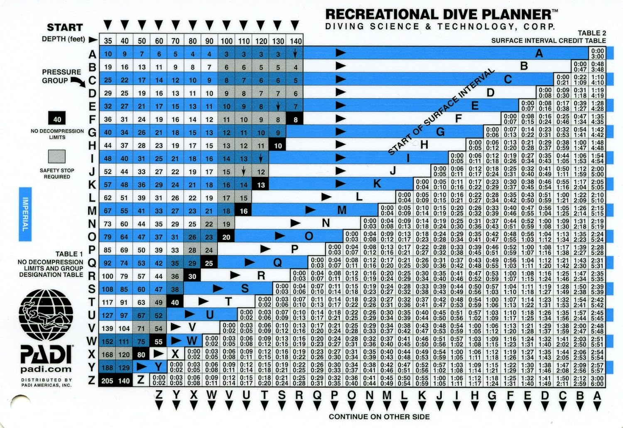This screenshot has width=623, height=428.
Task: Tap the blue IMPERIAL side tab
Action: click(x=25, y=214)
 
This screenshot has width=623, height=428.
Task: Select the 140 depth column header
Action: click(x=295, y=41)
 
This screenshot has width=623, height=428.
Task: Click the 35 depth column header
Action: click(x=108, y=41)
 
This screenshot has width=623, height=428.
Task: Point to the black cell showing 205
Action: click(x=107, y=381)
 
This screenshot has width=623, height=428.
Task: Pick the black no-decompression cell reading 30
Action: click(x=192, y=276)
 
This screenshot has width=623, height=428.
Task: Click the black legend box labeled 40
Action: click(x=57, y=120)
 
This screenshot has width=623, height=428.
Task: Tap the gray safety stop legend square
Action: click(x=57, y=157)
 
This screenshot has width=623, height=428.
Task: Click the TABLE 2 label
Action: click(x=591, y=33)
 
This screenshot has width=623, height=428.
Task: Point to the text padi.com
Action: click(x=46, y=369)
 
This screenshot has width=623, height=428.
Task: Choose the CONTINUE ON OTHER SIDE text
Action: click(x=379, y=416)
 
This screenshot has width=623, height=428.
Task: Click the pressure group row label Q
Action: click(x=92, y=263)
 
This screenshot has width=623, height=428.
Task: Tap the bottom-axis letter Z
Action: click(x=159, y=395)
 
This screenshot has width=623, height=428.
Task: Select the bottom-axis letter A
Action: click(x=597, y=395)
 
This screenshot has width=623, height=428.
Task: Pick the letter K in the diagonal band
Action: click(x=377, y=184)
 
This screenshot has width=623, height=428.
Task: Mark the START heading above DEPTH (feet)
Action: click(x=64, y=27)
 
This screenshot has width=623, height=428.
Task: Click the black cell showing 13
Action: click(x=260, y=185)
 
